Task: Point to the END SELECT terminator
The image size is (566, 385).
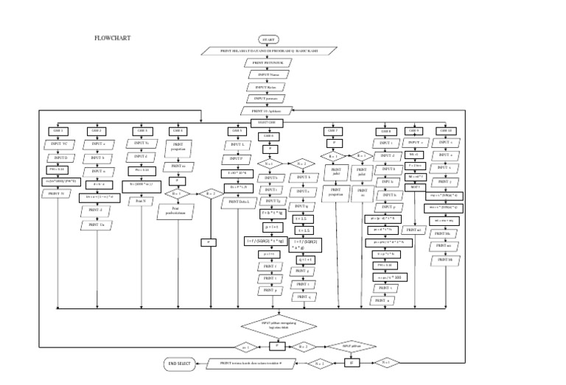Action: [x=181, y=363]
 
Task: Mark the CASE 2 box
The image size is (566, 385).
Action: [x=97, y=131]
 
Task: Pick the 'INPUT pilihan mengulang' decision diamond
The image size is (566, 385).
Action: [x=276, y=325]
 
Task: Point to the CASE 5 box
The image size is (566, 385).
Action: [x=236, y=131]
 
